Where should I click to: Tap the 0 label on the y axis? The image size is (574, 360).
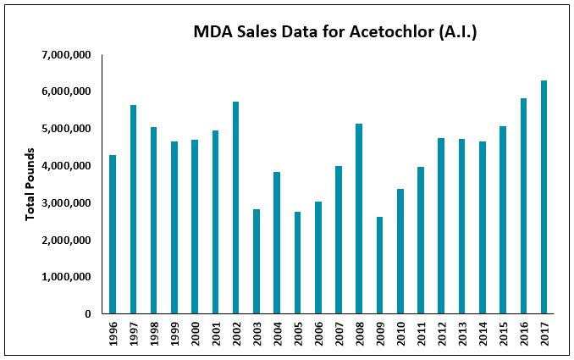click(x=87, y=314)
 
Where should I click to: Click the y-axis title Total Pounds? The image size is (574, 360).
click(x=30, y=185)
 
